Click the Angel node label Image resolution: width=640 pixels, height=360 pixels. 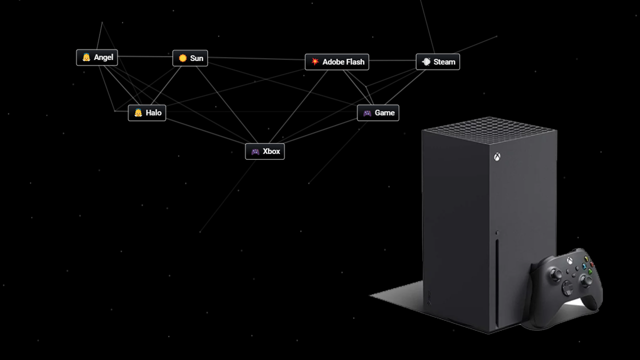[97, 57]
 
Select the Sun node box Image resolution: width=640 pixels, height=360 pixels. [190, 58]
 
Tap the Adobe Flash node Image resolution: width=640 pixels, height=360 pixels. [337, 62]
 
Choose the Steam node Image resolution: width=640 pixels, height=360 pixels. [437, 61]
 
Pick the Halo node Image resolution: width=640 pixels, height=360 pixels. [147, 113]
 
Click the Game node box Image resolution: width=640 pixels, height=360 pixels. [378, 113]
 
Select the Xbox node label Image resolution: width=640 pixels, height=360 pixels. [265, 151]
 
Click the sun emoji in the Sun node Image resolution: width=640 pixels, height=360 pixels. [182, 58]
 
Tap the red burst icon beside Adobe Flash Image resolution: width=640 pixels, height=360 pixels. [315, 61]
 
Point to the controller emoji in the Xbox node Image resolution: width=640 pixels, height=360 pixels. [255, 151]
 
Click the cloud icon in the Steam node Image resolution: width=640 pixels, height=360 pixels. [426, 61]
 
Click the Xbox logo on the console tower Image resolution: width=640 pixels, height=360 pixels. [497, 157]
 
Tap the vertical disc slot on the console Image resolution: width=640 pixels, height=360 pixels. [497, 281]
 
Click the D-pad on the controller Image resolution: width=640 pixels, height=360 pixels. [567, 286]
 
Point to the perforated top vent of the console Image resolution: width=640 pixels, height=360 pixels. [489, 130]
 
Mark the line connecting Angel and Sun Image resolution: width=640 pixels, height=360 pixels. [145, 56]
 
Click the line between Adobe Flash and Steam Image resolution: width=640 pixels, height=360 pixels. [392, 60]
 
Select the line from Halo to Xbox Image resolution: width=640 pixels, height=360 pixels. [205, 131]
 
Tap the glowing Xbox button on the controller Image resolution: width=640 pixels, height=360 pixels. [569, 260]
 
